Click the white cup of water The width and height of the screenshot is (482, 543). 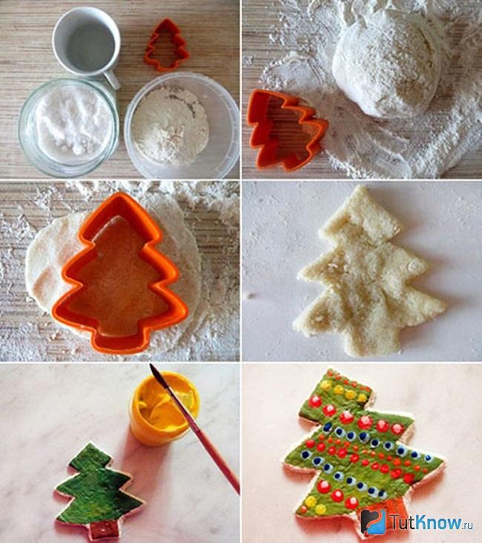[x=87, y=43]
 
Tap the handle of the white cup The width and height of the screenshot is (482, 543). [x=111, y=79]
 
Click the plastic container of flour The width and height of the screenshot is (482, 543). [x=182, y=126]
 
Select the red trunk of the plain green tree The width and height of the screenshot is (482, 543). [x=103, y=530]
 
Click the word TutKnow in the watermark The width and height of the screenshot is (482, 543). [x=426, y=522]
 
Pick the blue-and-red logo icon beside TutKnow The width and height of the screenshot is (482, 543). [x=374, y=522]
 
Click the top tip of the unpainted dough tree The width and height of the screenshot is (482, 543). [x=361, y=186]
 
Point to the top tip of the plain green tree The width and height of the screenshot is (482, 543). [x=90, y=444]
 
